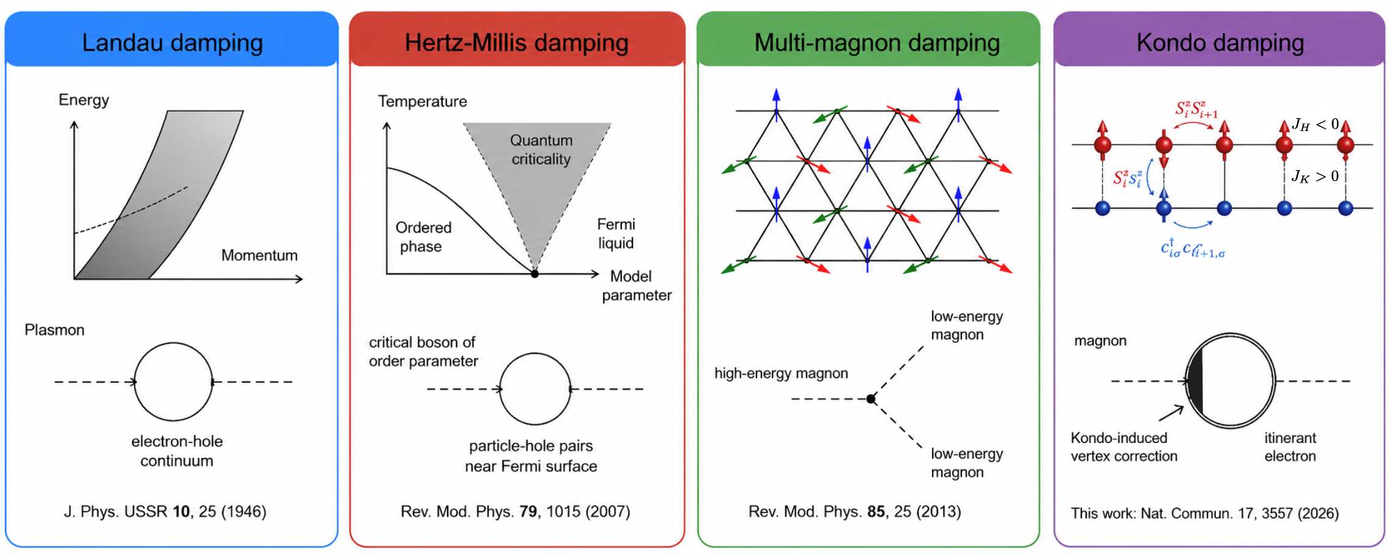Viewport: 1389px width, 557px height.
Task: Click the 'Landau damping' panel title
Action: coord(172,43)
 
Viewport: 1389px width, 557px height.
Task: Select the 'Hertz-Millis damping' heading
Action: coord(517,43)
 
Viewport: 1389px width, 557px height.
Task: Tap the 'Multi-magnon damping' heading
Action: coord(877,43)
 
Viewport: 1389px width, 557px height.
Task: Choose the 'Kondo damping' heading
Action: coord(1220,43)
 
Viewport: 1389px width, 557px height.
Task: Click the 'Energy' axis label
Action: coord(83,100)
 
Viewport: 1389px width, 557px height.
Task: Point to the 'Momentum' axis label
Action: coord(260,255)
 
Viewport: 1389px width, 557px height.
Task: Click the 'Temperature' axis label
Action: coord(422,101)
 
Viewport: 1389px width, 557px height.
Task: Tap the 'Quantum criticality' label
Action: coord(541,150)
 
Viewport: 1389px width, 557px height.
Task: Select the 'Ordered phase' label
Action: coord(423,237)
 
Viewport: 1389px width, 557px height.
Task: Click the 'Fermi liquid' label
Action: coord(616,234)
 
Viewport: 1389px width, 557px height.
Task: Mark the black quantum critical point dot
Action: coord(535,274)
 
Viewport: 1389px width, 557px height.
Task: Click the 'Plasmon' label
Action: coord(54,330)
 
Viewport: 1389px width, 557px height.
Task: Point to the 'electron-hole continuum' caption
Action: coord(177,451)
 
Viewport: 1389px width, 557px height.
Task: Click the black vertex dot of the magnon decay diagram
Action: coord(871,399)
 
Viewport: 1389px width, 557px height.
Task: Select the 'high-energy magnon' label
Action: coord(781,374)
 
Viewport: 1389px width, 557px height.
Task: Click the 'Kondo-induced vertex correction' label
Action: coord(1124,447)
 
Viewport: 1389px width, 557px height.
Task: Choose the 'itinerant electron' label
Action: coord(1290,447)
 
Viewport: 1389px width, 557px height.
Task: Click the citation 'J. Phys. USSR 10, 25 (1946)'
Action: coord(165,511)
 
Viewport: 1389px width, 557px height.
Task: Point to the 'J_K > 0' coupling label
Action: coord(1315,177)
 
